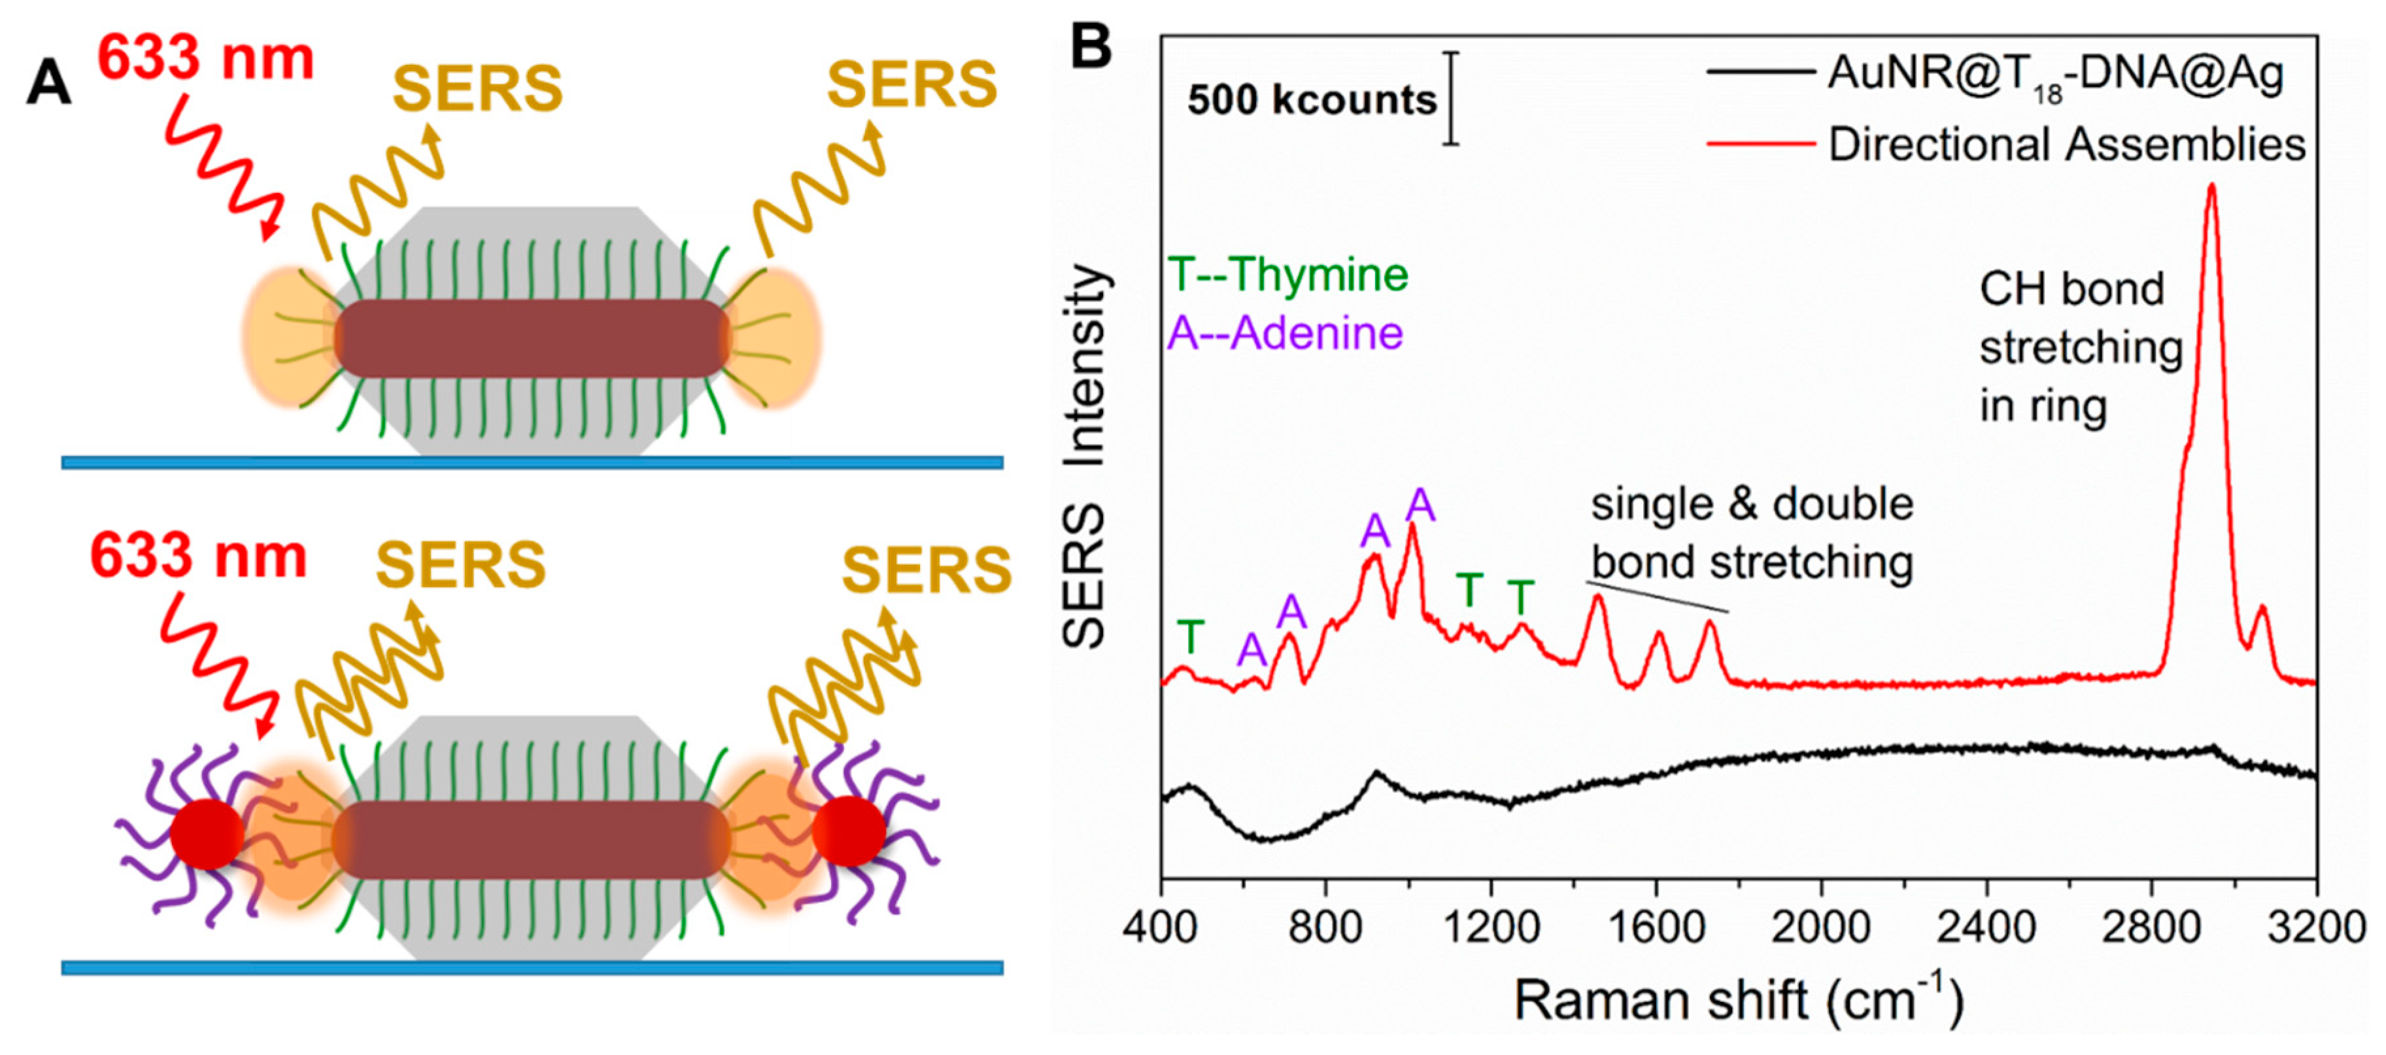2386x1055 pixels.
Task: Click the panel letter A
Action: (48, 83)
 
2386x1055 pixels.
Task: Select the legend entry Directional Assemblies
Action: (2066, 145)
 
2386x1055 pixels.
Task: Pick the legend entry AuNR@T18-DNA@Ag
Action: (2054, 74)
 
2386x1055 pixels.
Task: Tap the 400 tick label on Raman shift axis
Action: (1161, 926)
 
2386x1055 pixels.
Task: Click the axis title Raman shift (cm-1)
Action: (1737, 1000)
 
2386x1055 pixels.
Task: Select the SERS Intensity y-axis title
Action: (1085, 454)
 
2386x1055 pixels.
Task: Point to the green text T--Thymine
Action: (1287, 275)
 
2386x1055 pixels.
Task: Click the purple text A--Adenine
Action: (1285, 332)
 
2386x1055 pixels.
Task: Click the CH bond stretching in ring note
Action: (2079, 347)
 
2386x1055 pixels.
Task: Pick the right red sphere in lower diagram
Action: (849, 831)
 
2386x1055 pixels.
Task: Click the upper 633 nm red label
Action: (205, 58)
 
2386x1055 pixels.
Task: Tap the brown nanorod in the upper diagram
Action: (532, 338)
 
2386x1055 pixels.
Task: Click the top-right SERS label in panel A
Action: (912, 85)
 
